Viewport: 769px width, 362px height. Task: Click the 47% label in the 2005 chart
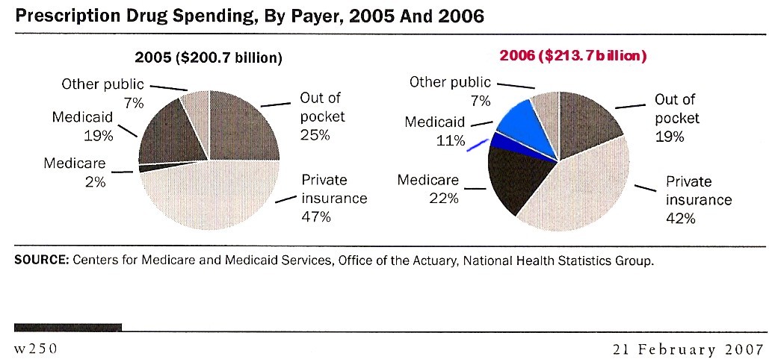click(316, 216)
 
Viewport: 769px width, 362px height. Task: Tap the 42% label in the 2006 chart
click(680, 218)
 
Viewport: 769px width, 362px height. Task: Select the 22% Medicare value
click(444, 199)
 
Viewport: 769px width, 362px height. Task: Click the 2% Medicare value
click(95, 181)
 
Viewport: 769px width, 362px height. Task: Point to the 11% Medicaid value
click(450, 141)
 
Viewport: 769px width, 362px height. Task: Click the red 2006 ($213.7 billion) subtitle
click(572, 56)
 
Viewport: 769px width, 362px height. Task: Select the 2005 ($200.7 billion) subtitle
click(209, 58)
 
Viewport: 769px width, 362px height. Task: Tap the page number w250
click(36, 349)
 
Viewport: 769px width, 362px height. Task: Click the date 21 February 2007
click(686, 349)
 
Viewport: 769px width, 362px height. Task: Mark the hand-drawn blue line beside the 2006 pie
click(478, 145)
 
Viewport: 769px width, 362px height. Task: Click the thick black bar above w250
click(68, 327)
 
